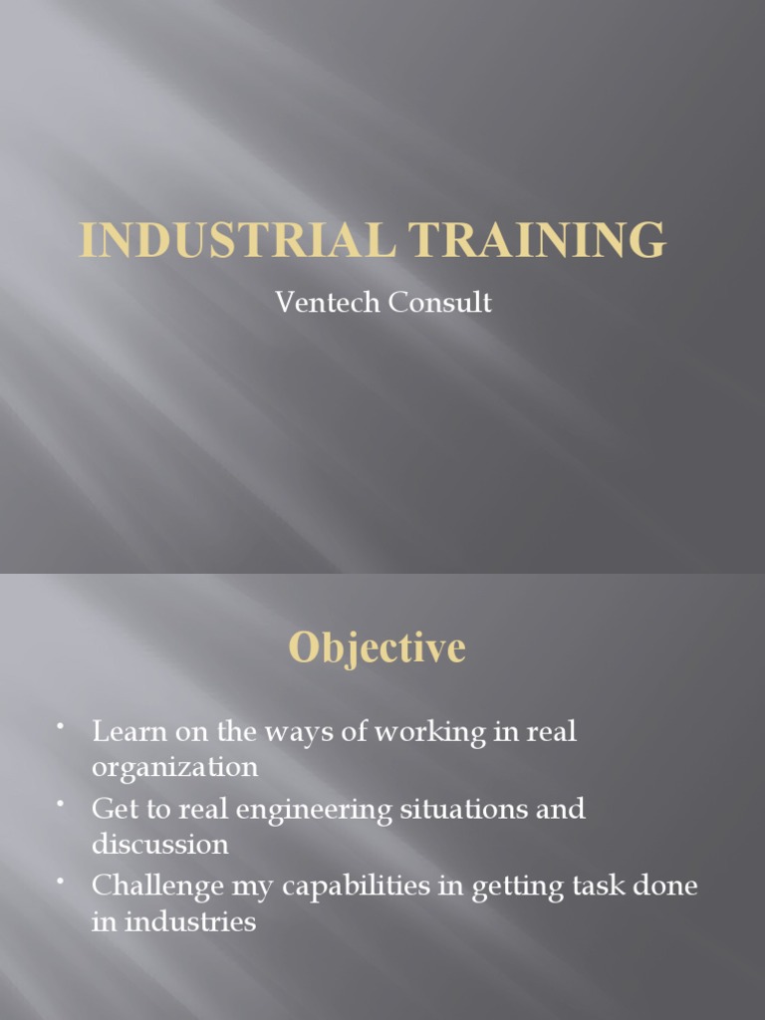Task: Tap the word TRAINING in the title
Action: pos(525,241)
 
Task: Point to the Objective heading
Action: pos(377,648)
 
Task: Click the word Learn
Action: pos(126,732)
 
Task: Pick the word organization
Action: pos(174,768)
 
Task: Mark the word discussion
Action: pos(159,845)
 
